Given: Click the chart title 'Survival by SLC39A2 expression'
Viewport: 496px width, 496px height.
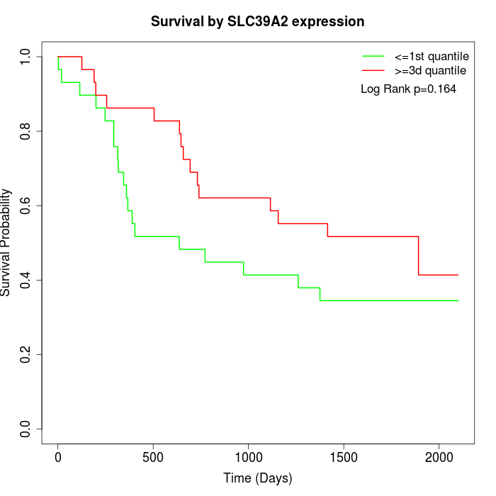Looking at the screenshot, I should coord(257,22).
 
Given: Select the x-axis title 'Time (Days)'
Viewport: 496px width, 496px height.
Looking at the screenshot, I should coord(257,478).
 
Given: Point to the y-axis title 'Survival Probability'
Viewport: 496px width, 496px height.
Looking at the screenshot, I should coord(6,242).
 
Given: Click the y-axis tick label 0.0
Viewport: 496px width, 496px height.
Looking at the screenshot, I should coord(26,429).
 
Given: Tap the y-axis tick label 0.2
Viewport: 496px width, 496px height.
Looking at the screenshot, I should coord(26,354).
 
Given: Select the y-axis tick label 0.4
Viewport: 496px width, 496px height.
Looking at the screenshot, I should coord(26,280).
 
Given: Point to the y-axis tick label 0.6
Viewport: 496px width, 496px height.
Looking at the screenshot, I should coord(26,205).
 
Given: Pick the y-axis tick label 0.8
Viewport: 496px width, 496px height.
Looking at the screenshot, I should coord(26,131).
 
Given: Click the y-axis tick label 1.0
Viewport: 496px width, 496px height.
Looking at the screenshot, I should coord(26,57).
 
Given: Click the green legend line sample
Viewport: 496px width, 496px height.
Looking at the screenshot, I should coord(373,56).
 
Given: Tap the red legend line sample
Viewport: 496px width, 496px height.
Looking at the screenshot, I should coord(373,71).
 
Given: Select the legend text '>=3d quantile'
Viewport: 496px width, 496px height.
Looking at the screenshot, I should coord(430,71).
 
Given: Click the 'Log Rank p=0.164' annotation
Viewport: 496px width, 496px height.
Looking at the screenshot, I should coord(408,89).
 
